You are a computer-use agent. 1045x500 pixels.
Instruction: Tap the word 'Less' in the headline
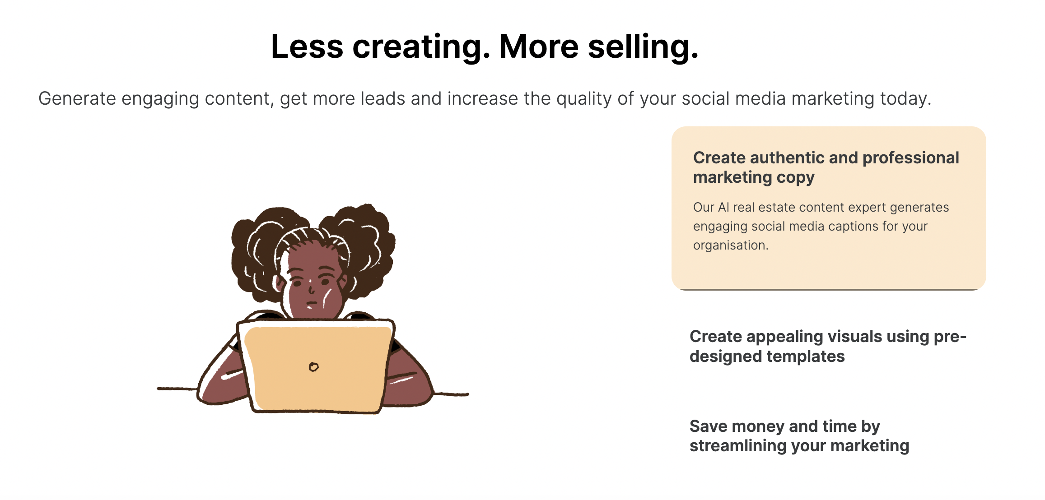[x=307, y=46]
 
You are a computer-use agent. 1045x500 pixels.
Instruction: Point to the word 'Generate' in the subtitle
[x=77, y=98]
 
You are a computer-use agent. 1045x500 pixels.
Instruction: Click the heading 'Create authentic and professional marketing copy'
[x=826, y=167]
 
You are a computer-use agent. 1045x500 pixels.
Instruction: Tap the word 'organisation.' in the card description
[x=731, y=245]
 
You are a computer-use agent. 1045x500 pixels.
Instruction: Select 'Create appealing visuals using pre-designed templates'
[x=828, y=346]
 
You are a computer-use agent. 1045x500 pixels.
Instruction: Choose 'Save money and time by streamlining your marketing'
[x=799, y=436]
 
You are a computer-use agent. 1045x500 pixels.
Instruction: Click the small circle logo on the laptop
[x=314, y=367]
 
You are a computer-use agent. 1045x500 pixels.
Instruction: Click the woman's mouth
[x=311, y=303]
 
